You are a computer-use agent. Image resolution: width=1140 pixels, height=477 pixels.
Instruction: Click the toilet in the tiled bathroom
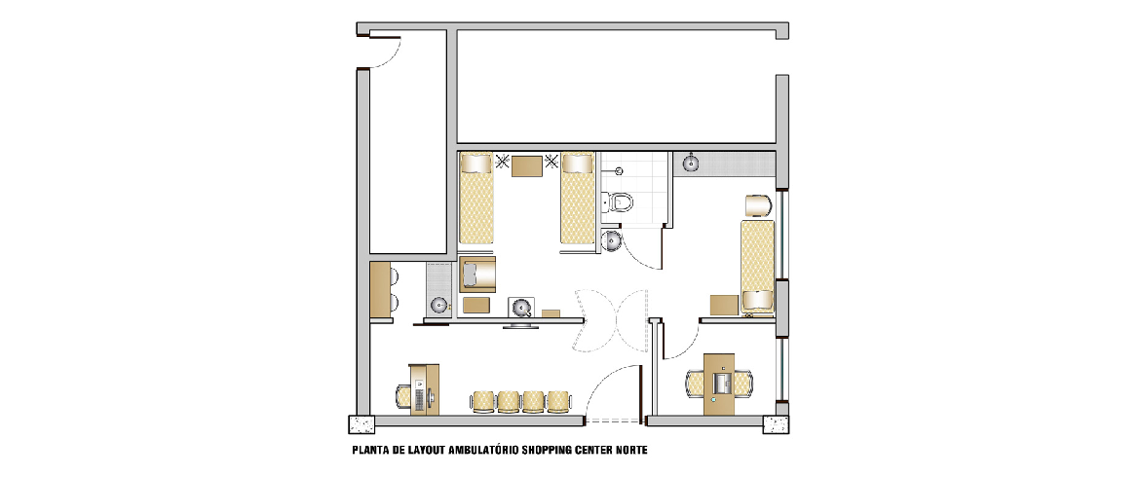[618, 202]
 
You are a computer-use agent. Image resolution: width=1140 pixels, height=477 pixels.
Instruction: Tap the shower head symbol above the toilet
[619, 171]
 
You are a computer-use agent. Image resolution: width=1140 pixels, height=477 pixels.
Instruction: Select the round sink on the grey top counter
[689, 165]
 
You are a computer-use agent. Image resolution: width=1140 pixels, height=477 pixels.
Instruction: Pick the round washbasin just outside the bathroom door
[612, 239]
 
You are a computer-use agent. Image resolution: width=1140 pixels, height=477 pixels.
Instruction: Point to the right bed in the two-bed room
[578, 199]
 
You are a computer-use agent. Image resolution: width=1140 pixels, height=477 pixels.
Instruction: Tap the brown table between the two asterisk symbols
[527, 166]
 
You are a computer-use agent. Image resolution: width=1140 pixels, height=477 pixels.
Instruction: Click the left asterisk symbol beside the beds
[502, 162]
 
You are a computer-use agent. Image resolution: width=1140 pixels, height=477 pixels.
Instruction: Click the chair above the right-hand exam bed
[757, 205]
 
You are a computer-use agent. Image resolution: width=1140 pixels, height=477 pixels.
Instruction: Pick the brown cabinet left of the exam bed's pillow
[723, 305]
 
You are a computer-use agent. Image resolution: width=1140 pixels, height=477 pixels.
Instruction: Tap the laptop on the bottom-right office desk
[721, 382]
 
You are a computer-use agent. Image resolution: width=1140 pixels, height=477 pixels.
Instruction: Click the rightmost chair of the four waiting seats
[557, 401]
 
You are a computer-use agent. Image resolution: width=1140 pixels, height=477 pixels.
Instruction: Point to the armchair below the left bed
[476, 274]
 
